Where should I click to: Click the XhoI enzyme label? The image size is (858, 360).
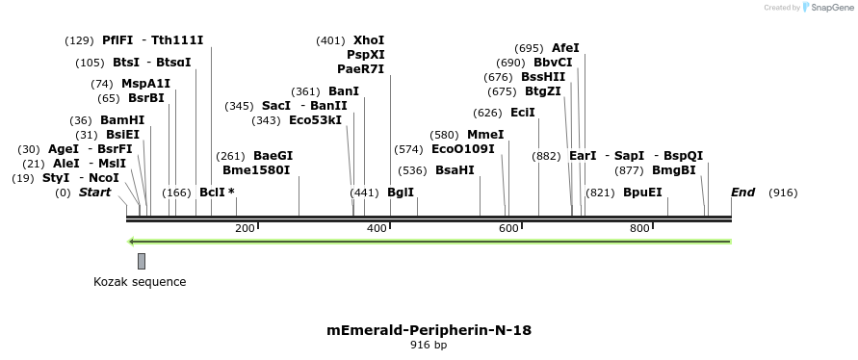pyautogui.click(x=369, y=40)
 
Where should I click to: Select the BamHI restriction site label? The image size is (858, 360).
pyautogui.click(x=122, y=120)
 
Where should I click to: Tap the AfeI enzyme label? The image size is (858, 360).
pyautogui.click(x=565, y=48)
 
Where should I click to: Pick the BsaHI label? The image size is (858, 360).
pyautogui.click(x=455, y=170)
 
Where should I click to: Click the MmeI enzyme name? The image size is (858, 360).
pyautogui.click(x=485, y=135)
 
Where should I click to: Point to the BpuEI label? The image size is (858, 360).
pyautogui.click(x=642, y=193)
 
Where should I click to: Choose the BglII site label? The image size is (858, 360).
pyautogui.click(x=400, y=193)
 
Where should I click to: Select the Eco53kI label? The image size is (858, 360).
pyautogui.click(x=315, y=120)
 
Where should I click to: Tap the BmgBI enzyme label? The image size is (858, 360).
pyautogui.click(x=673, y=170)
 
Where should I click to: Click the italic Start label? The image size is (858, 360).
pyautogui.click(x=94, y=193)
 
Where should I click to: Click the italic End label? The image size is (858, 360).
pyautogui.click(x=742, y=193)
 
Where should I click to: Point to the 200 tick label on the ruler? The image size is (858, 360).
pyautogui.click(x=245, y=228)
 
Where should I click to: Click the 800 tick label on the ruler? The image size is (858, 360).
pyautogui.click(x=639, y=228)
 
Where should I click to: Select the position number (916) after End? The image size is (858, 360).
pyautogui.click(x=783, y=193)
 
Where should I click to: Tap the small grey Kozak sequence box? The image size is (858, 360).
pyautogui.click(x=142, y=261)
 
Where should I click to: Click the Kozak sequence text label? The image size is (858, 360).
pyautogui.click(x=140, y=282)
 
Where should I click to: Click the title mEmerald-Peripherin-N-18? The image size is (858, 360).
pyautogui.click(x=429, y=330)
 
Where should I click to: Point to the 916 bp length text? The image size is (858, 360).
pyautogui.click(x=429, y=345)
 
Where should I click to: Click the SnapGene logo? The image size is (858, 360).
pyautogui.click(x=823, y=8)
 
